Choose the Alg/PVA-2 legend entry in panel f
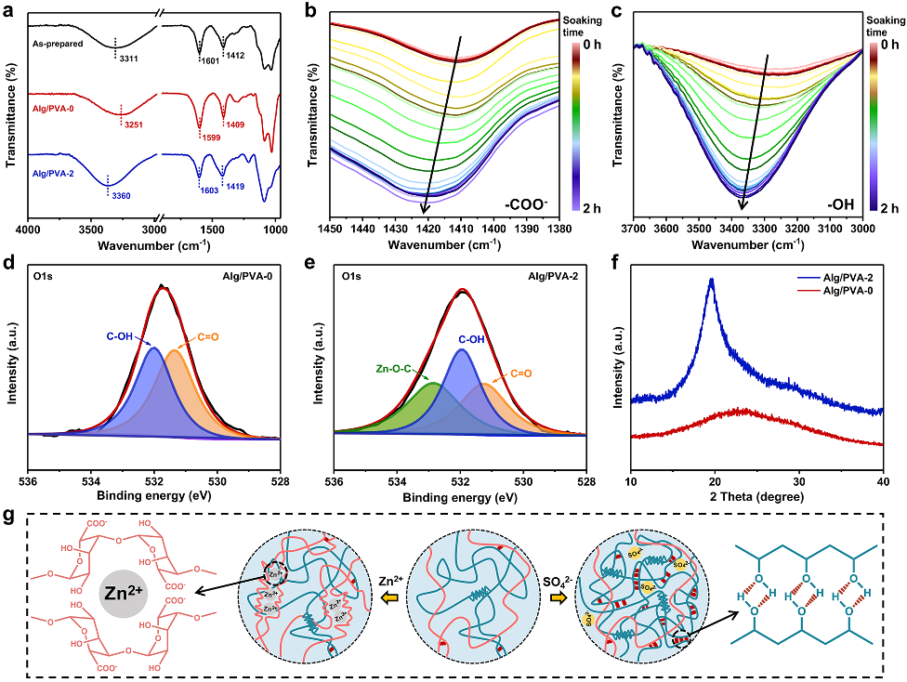(843, 278)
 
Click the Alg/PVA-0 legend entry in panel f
(843, 290)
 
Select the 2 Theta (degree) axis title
(756, 497)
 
